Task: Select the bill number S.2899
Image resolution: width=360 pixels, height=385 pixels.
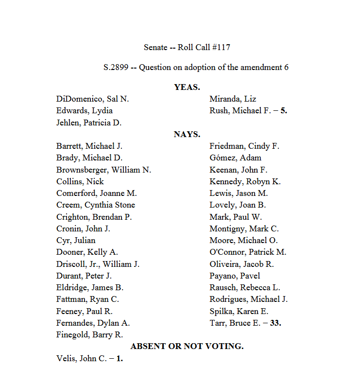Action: [116, 67]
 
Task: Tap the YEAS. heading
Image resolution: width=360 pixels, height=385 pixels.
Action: [187, 87]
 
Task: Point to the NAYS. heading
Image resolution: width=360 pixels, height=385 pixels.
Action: [187, 134]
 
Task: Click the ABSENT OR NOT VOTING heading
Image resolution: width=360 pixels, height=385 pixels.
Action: [187, 346]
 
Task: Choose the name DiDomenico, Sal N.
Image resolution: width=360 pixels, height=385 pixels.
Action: [93, 99]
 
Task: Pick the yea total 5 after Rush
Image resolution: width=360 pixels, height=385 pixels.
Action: [284, 110]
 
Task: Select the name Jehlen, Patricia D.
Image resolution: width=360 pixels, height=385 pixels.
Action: [89, 122]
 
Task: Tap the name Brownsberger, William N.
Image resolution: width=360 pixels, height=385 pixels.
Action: [104, 170]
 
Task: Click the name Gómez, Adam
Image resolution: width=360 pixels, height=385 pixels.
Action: [236, 157]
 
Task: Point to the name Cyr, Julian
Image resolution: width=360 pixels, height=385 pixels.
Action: [76, 240]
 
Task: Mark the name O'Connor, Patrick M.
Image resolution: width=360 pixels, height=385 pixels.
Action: [248, 252]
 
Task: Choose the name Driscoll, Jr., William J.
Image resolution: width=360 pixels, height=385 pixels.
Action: [98, 264]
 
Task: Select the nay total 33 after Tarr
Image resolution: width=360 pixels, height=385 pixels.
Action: [276, 323]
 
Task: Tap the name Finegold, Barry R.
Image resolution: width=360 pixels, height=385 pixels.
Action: [89, 334]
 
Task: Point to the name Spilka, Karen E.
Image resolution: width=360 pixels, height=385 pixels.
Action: [239, 311]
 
